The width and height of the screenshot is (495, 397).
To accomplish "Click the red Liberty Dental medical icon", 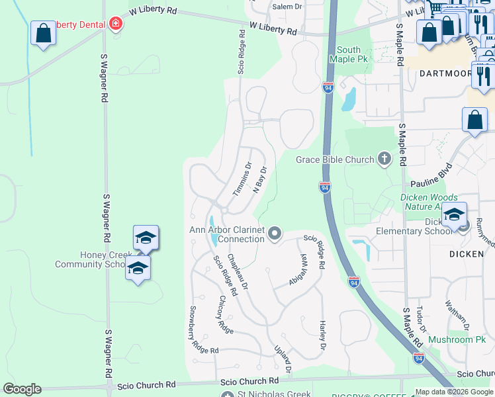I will [116, 24].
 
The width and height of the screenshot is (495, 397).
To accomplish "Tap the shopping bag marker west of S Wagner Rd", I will [43, 33].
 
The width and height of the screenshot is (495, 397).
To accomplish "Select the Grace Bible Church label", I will [335, 159].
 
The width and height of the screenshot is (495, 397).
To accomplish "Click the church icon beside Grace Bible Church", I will [384, 159].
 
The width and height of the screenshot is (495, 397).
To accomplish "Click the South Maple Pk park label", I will [349, 54].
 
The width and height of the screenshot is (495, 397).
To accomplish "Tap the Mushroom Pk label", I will [457, 340].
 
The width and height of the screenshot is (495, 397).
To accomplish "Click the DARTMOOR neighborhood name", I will [445, 74].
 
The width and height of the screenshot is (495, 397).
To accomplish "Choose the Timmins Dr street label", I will [243, 179].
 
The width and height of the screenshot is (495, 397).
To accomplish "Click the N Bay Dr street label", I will [259, 179].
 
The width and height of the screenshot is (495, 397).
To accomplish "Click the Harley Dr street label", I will [323, 336].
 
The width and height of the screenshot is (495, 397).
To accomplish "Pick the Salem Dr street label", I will [287, 7].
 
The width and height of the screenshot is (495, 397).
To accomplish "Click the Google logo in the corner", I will [22, 389].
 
